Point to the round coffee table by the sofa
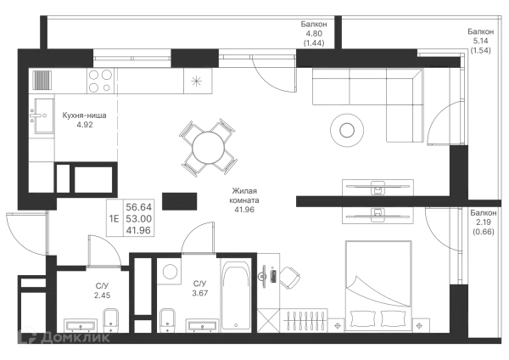click(345, 128)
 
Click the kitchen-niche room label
click(83, 118)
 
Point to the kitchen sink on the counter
click(197, 82)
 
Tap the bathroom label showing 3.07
click(200, 287)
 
